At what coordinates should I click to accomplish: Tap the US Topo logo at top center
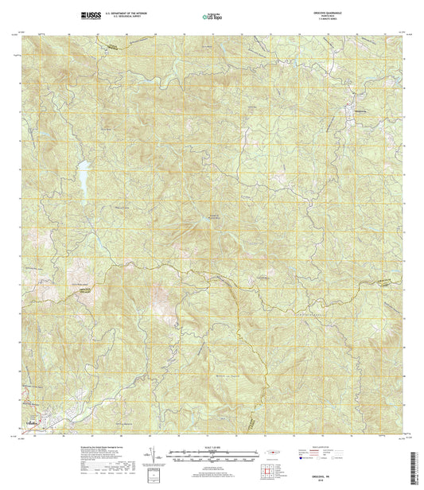(x=212, y=15)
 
